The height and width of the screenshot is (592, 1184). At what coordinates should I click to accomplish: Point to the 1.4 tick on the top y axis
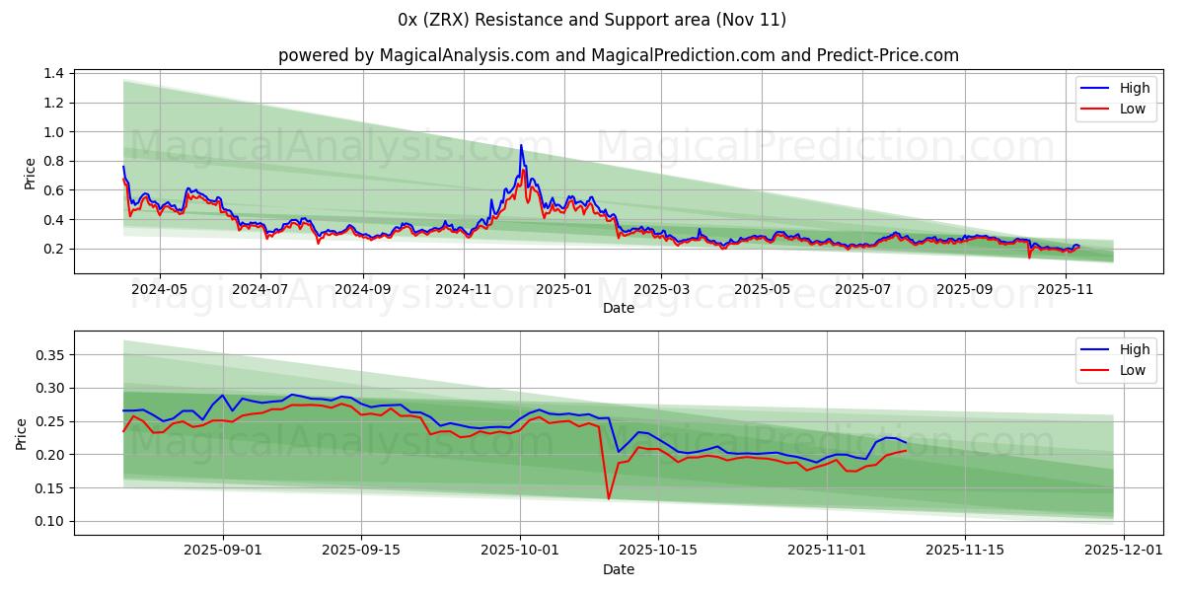pyautogui.click(x=53, y=74)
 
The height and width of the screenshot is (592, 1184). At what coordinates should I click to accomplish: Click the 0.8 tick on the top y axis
pyautogui.click(x=53, y=162)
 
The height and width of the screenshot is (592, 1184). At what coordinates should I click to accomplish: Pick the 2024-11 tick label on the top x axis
pyautogui.click(x=464, y=290)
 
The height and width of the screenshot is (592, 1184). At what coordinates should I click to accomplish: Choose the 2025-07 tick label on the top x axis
pyautogui.click(x=862, y=290)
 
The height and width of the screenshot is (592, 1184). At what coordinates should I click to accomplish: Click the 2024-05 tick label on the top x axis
pyautogui.click(x=159, y=290)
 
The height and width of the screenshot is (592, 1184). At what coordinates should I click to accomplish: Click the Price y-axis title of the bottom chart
pyautogui.click(x=22, y=433)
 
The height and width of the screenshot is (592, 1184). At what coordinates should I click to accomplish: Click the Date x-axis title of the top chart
pyautogui.click(x=618, y=308)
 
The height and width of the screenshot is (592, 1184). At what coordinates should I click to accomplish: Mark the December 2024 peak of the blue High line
pyautogui.click(x=521, y=146)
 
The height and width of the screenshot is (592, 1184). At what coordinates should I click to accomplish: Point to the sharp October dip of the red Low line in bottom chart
pyautogui.click(x=609, y=498)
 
